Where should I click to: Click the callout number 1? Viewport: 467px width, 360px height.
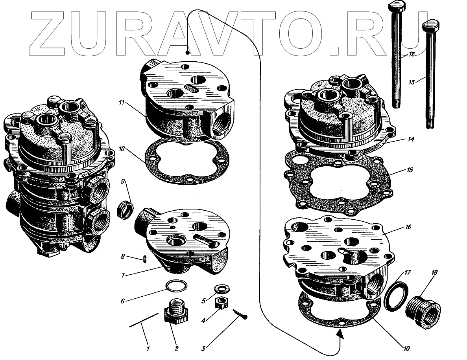pyautogui.click(x=148, y=349)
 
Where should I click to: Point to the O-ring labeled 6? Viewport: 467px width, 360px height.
pyautogui.click(x=177, y=286)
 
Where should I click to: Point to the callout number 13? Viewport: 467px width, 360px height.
pyautogui.click(x=412, y=82)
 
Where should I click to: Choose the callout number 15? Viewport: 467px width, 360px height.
pyautogui.click(x=410, y=170)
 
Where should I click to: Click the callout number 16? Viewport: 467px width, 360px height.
pyautogui.click(x=408, y=227)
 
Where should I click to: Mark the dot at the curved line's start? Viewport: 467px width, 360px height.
pyautogui.click(x=187, y=53)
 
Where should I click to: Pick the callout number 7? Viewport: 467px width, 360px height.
pyautogui.click(x=123, y=275)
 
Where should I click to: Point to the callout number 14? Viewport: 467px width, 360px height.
pyautogui.click(x=411, y=139)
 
